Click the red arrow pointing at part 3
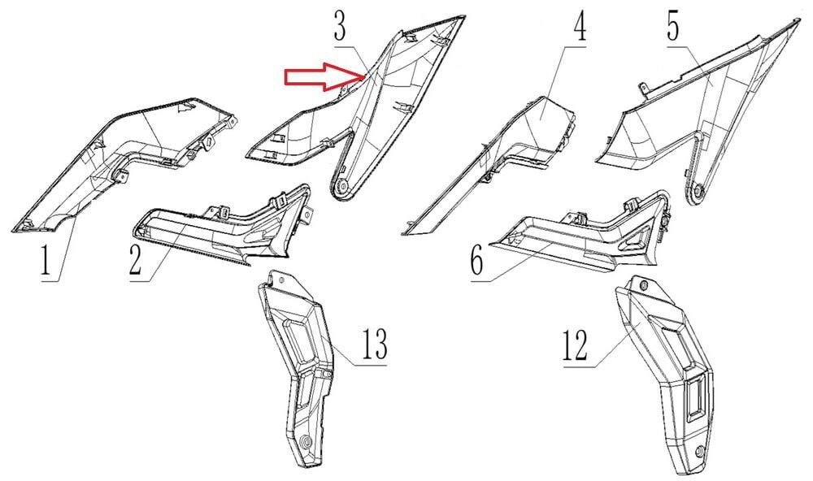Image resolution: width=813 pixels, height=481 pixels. [324, 76]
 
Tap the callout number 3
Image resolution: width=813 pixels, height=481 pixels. [340, 24]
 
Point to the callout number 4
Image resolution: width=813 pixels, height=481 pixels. [580, 24]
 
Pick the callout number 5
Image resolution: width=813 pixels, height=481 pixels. [673, 24]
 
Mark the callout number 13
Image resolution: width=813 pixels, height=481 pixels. [374, 344]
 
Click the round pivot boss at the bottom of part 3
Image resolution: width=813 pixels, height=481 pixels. [341, 188]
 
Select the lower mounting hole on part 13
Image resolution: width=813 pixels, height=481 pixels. [306, 443]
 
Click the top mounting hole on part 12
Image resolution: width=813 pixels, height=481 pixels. [645, 286]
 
